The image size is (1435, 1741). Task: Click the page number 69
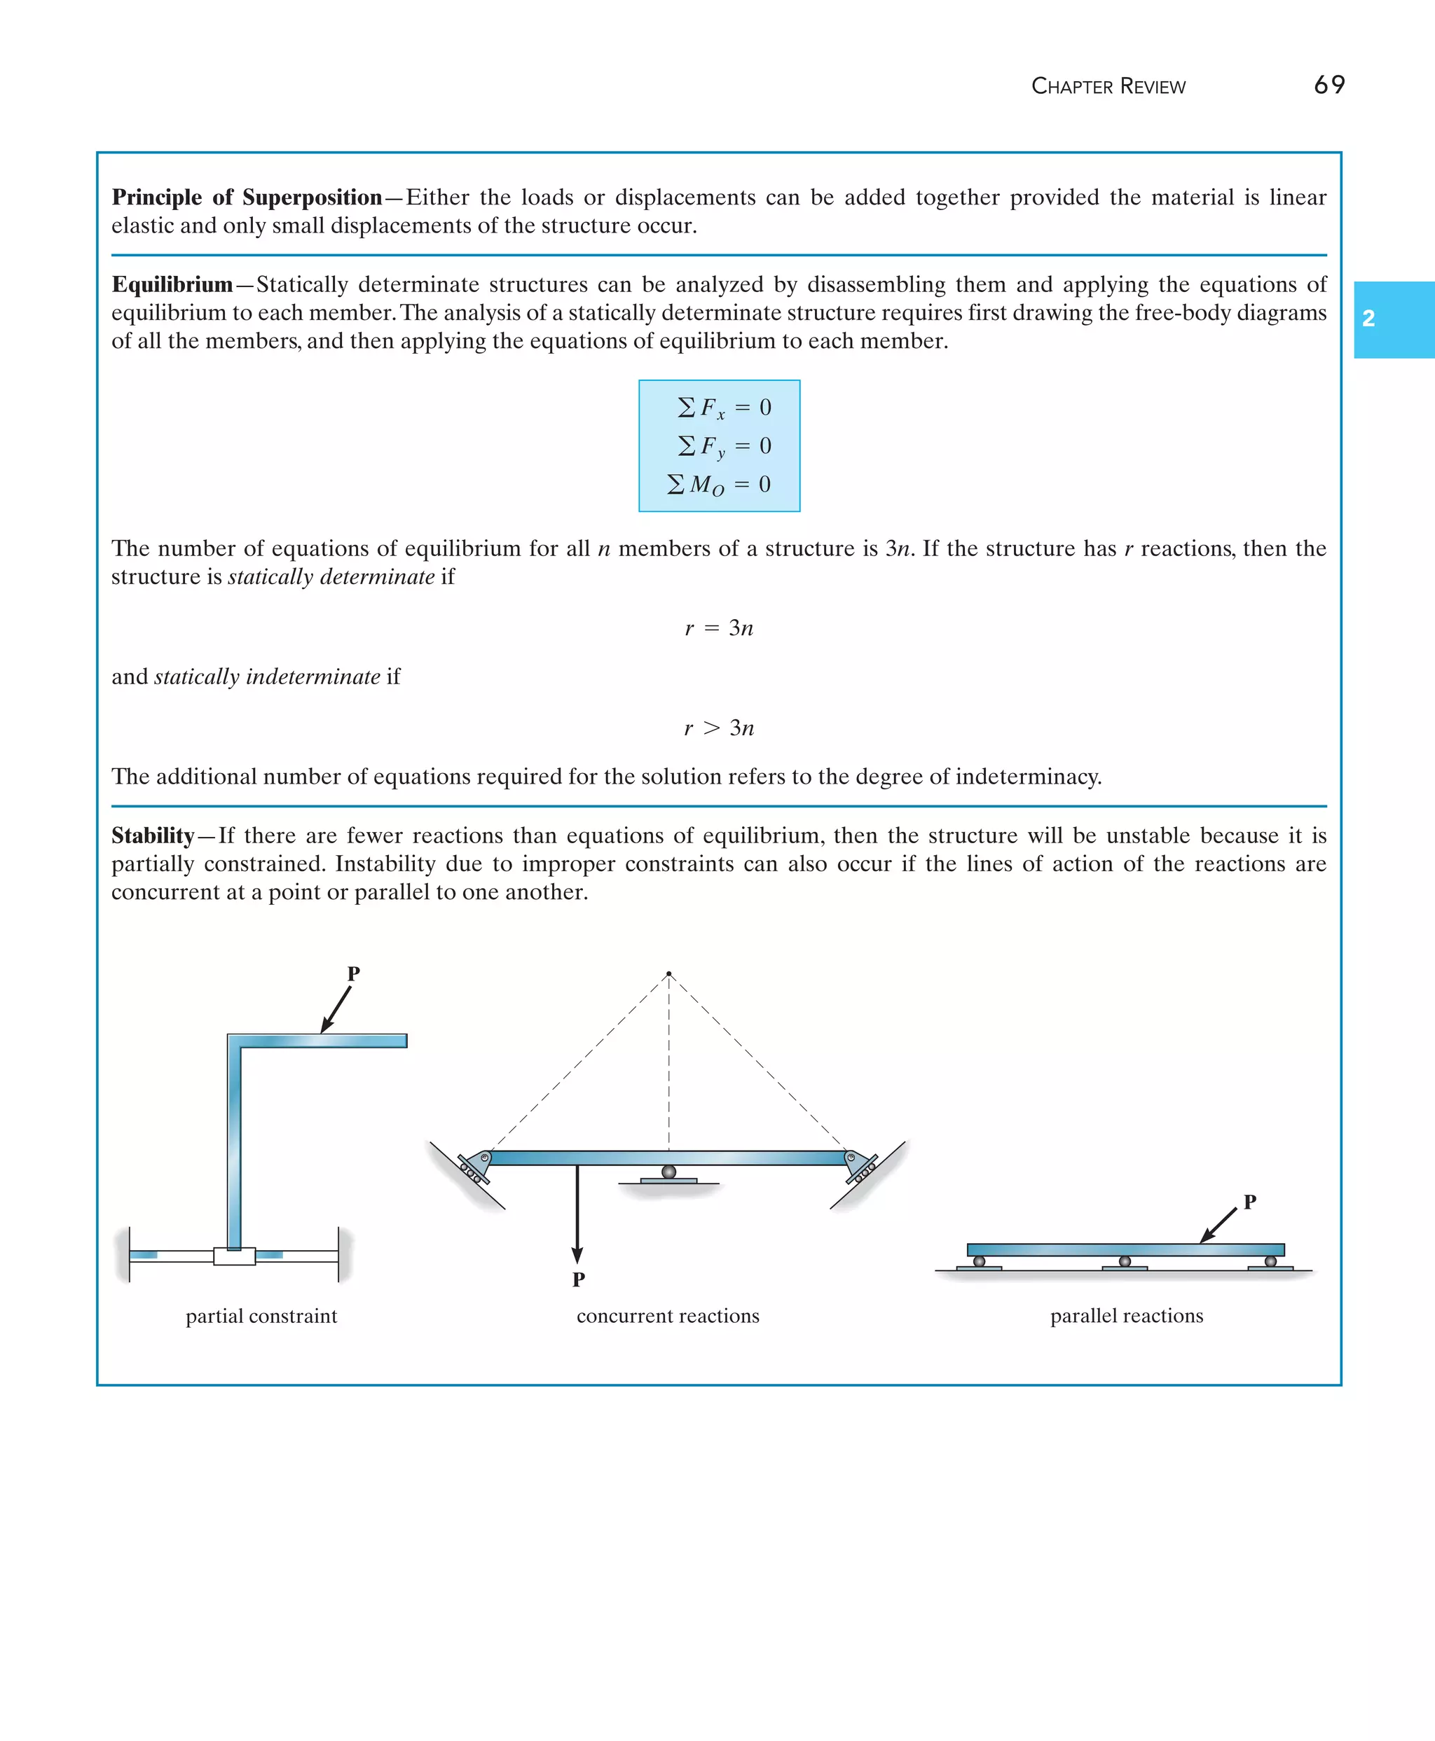click(1328, 85)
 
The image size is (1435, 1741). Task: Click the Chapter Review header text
click(1108, 87)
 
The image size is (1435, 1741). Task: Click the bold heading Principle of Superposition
click(247, 197)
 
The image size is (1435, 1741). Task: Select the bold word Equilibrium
click(172, 285)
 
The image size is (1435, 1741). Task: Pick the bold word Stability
click(153, 835)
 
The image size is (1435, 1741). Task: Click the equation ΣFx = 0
click(723, 408)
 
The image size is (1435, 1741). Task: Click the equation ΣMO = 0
click(718, 484)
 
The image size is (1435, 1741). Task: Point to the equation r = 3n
click(718, 628)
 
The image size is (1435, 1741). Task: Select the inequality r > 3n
click(718, 728)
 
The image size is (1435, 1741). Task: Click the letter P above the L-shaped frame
click(353, 973)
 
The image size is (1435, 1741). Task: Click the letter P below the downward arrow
click(579, 1279)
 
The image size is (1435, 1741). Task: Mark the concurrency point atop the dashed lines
click(668, 973)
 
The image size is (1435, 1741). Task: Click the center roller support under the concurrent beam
click(668, 1172)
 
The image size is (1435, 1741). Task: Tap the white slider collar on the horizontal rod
click(234, 1256)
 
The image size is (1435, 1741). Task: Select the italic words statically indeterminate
click(266, 677)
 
